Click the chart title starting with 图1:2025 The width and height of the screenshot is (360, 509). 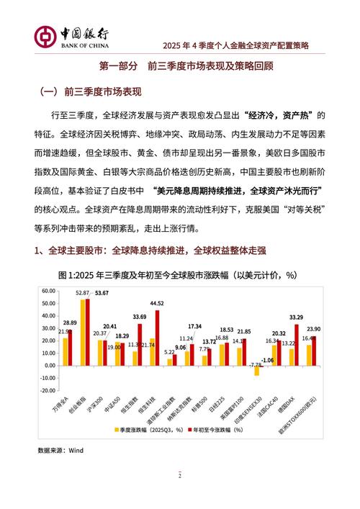[x=179, y=275]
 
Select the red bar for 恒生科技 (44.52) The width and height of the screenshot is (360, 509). [x=158, y=338]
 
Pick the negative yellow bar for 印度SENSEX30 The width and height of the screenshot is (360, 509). [x=256, y=371]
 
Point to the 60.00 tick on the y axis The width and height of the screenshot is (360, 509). [x=48, y=291]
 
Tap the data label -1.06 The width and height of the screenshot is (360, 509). [x=267, y=360]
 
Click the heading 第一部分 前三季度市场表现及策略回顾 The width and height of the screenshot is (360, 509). [x=180, y=66]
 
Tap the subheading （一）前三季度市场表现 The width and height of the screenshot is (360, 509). [x=89, y=92]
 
